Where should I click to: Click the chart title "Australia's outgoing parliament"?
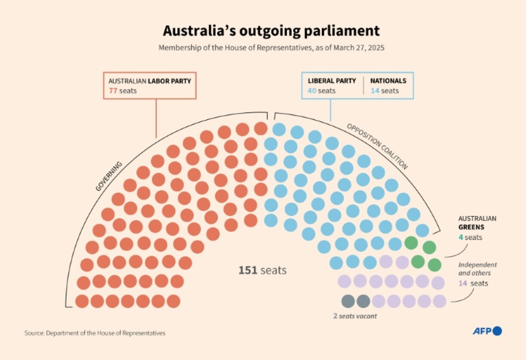click(271, 31)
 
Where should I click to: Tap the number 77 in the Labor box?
click(113, 91)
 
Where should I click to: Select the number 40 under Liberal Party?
click(312, 91)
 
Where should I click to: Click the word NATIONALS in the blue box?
click(388, 81)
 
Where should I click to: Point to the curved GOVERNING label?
click(109, 176)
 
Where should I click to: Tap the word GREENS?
click(471, 227)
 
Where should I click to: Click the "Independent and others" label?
click(477, 269)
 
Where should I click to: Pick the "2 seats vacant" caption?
click(355, 316)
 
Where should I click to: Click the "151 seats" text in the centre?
click(263, 271)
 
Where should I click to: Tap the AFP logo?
click(487, 331)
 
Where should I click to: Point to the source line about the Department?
click(95, 333)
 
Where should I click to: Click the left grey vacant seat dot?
click(348, 301)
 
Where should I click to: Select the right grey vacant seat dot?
click(363, 301)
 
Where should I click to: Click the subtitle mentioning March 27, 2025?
click(271, 48)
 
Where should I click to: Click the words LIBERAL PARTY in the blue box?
click(332, 81)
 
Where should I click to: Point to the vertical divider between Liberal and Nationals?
click(364, 86)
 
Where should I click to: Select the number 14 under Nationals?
click(375, 91)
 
